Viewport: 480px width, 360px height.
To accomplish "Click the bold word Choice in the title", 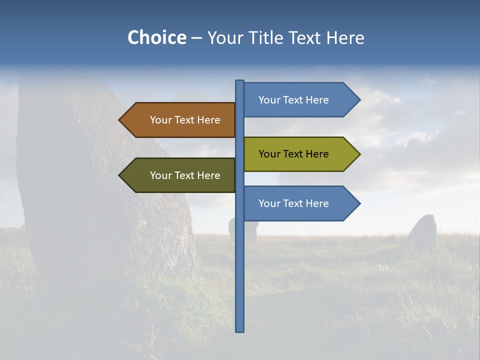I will (x=156, y=37).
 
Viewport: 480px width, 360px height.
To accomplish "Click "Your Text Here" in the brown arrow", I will (x=185, y=120).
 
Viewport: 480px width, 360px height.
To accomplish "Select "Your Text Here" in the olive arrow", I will (x=293, y=154).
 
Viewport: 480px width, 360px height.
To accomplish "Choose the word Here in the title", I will (x=345, y=37).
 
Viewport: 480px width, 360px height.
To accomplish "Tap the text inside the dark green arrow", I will (x=185, y=175).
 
